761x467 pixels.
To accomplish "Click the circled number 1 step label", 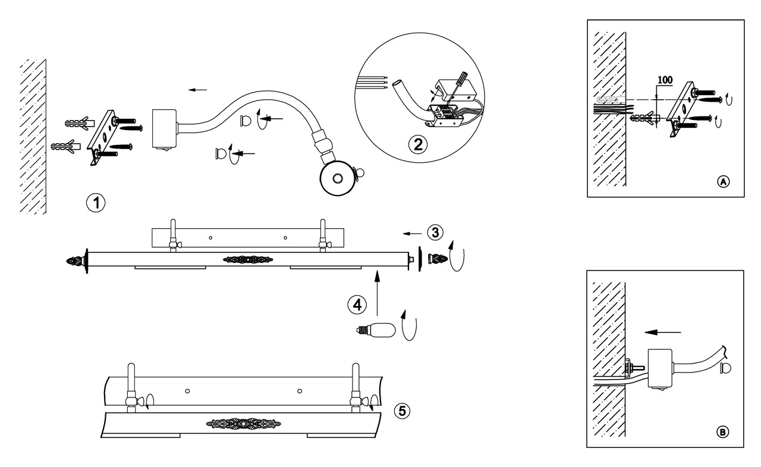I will pyautogui.click(x=95, y=203).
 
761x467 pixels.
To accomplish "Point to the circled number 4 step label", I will pyautogui.click(x=356, y=305).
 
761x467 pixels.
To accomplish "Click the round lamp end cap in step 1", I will pyautogui.click(x=337, y=178).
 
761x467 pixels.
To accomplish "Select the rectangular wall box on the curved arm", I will pyautogui.click(x=164, y=128).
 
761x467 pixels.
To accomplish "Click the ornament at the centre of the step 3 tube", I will pyautogui.click(x=247, y=260).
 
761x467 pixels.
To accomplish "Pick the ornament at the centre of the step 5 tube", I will pyautogui.click(x=243, y=424).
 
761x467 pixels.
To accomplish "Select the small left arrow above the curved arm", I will pyautogui.click(x=197, y=90).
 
